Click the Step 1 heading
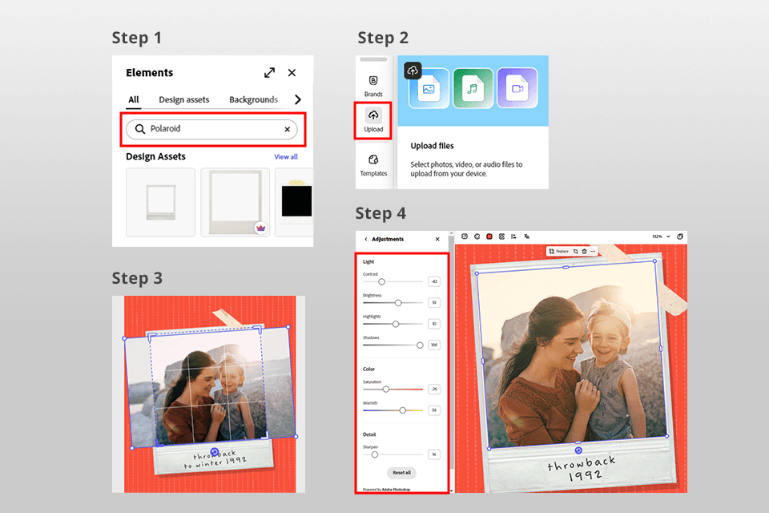tap(136, 38)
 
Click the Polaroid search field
tap(211, 129)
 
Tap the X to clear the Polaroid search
tap(287, 129)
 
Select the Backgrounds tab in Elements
tap(253, 100)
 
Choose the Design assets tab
tap(183, 100)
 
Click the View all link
tap(286, 157)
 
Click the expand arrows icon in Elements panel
tap(269, 73)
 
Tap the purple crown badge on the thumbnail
tap(260, 228)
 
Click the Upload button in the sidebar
tap(373, 120)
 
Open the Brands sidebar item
tap(373, 85)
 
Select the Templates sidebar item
tap(373, 164)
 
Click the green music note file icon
tap(473, 88)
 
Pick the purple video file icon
tap(517, 88)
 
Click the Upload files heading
tap(432, 146)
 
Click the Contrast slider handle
tap(381, 281)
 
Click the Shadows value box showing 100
tap(434, 345)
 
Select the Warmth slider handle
tap(403, 410)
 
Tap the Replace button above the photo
tap(558, 251)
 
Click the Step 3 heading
tap(136, 278)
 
